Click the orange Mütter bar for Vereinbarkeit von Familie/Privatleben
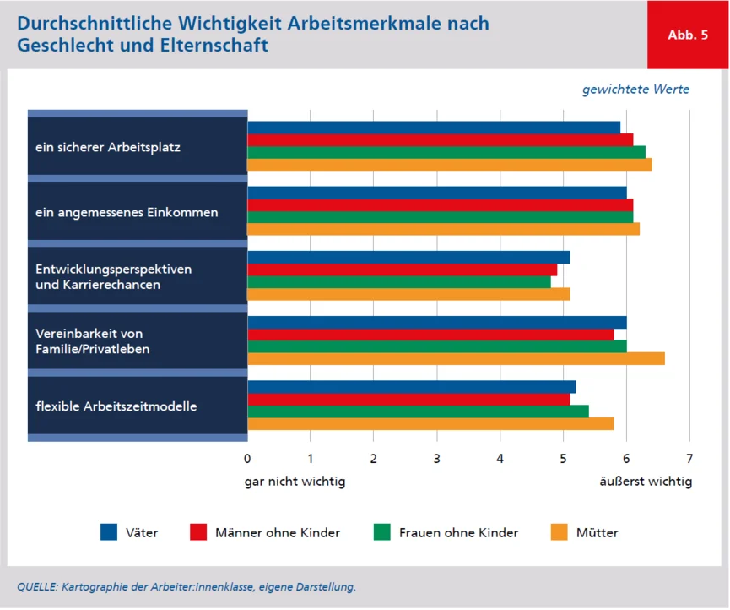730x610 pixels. pos(456,358)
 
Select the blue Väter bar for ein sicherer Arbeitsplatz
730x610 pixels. pos(434,127)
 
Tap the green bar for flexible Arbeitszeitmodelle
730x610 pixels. pos(418,411)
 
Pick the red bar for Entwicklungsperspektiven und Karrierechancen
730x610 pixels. pos(402,270)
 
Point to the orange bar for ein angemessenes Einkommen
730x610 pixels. pos(443,228)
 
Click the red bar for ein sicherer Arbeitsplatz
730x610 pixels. pos(440,139)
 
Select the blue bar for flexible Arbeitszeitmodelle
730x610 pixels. pos(411,386)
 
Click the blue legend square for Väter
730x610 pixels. pos(109,532)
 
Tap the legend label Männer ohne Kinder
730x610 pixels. pos(278,533)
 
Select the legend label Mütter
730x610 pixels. pos(597,533)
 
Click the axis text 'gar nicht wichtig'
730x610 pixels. pos(295,482)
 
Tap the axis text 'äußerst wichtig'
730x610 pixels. pos(646,482)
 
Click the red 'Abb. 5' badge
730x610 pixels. pos(687,35)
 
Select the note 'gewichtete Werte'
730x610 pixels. pos(635,90)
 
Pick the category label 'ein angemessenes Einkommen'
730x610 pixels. pos(127,212)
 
